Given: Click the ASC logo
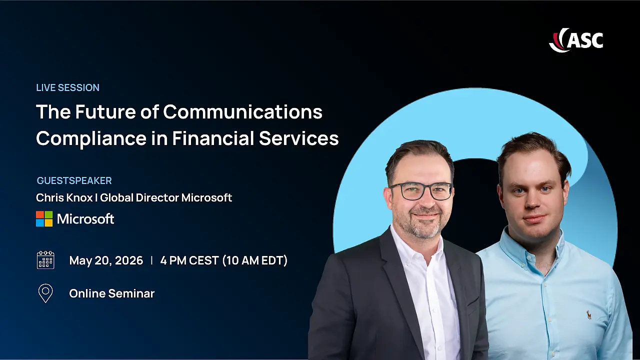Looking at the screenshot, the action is pos(576,40).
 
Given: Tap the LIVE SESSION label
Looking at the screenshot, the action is pos(67,87).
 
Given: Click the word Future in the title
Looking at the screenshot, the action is pos(105,111).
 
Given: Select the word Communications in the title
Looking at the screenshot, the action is pos(242,111).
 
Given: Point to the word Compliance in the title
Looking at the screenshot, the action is pos(91,139).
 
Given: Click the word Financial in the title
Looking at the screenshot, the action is pos(213,138).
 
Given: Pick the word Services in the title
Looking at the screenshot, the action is pos(299,138).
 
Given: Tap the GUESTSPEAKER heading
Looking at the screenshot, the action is pos(74,180).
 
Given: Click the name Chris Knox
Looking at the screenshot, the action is pos(64,197).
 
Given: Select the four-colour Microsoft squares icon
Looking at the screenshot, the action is pos(44,219).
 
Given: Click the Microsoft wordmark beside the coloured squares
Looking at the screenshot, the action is pos(85,219).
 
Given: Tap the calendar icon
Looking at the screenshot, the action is pos(45,260).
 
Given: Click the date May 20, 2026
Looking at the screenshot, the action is pos(106,260).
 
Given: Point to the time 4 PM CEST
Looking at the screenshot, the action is pos(189,260).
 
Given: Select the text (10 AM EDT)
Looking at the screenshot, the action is pos(255,260).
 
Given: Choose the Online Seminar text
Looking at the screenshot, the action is pos(111,293).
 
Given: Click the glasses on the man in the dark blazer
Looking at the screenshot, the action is pos(421,191).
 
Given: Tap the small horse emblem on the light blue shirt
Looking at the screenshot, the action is pos(589,315).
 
